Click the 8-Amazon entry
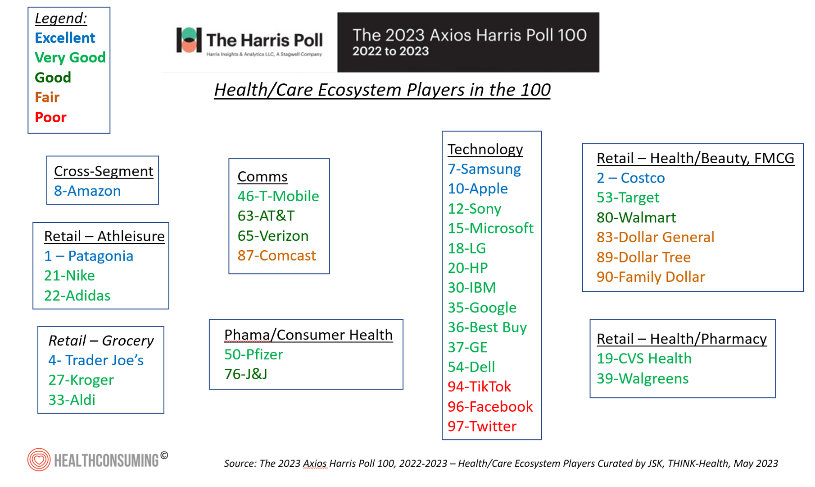87,191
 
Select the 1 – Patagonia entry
89,256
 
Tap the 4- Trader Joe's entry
96,360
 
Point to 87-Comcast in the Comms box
276,256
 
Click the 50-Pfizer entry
254,354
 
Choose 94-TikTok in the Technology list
479,386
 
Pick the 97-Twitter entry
482,426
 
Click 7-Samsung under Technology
484,169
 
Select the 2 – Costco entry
630,178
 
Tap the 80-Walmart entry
636,218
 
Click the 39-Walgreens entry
643,379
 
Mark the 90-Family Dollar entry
651,277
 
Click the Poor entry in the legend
50,117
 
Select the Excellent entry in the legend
65,38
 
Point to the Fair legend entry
47,97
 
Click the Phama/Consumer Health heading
308,335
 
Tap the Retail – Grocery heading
101,340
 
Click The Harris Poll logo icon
189,40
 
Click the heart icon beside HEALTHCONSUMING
39,459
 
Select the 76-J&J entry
246,374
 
